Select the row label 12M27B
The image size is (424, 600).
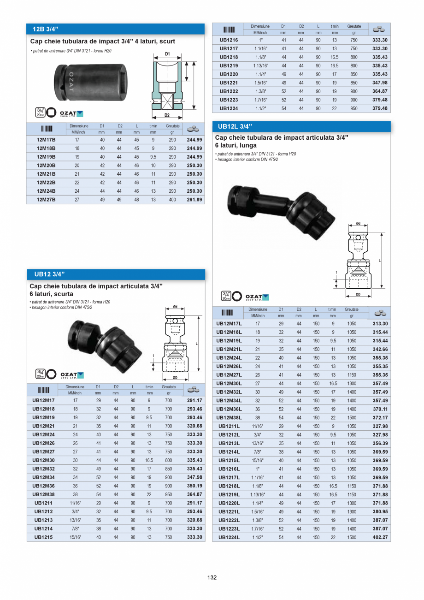46,200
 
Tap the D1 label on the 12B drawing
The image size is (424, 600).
167,54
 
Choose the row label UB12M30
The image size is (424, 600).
43,460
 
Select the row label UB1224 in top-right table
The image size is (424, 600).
229,109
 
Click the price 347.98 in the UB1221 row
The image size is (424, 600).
380,83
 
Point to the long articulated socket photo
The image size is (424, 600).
281,206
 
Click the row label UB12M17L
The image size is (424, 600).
229,324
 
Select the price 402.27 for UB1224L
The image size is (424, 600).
380,538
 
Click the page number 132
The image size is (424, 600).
212,577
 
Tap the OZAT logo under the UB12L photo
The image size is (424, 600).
257,297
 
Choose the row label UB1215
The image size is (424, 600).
43,537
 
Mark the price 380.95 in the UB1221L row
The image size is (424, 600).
380,512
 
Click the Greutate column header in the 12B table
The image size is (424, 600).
172,126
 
